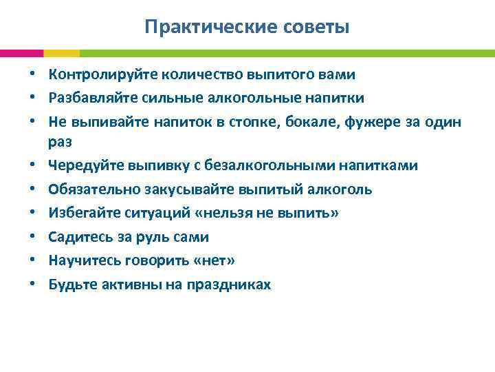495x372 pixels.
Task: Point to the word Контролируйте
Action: (x=95, y=74)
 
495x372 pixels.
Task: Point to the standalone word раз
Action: (x=60, y=142)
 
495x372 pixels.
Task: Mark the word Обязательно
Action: (x=88, y=189)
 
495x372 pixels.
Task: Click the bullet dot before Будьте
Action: (x=33, y=285)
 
